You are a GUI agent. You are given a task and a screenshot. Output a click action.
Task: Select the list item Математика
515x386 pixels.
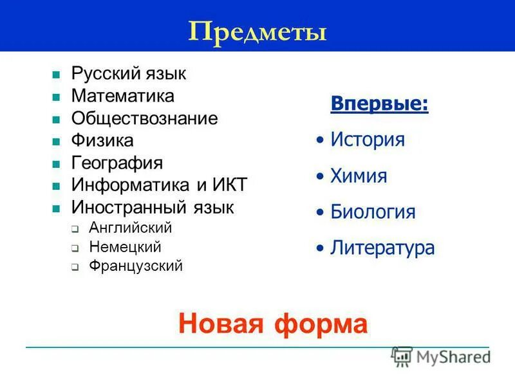coord(123,96)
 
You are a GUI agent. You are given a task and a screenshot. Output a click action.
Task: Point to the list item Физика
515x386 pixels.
coord(102,140)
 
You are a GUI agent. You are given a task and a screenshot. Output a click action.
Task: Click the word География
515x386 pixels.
coord(117,162)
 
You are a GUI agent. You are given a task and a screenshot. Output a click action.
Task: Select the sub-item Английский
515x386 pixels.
coord(131,228)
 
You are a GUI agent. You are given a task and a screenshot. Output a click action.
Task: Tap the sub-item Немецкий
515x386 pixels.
coord(125,246)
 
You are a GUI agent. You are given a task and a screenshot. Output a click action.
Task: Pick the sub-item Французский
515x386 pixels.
coord(136,265)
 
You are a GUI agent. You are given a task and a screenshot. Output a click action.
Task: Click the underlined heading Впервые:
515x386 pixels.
coord(379,104)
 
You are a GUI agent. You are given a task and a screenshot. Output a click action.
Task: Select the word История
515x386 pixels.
coord(368,140)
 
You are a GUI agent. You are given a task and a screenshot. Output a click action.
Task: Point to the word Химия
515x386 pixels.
coord(359,176)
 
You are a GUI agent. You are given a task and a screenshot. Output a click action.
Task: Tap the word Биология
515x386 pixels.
coord(373,212)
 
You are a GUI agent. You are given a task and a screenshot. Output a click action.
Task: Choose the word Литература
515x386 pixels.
coord(382,248)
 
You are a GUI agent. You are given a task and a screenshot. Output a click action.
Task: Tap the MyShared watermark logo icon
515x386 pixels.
coord(402,356)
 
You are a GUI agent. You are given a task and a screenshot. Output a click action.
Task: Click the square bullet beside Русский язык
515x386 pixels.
coord(56,75)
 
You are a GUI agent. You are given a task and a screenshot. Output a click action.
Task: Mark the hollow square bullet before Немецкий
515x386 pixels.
coord(75,248)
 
